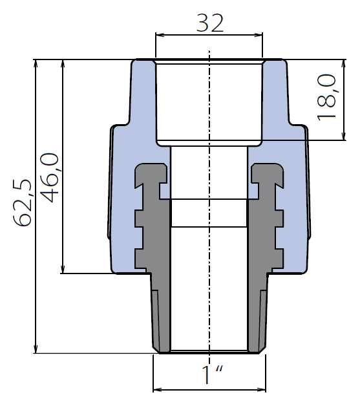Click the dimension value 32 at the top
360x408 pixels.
209,23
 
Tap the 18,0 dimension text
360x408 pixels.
327,98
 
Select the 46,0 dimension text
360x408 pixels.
50,178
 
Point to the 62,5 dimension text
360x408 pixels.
23,203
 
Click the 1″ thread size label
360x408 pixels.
212,375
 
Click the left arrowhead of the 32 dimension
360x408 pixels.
159,35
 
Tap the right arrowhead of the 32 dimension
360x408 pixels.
259,35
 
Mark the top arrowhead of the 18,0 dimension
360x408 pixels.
344,63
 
